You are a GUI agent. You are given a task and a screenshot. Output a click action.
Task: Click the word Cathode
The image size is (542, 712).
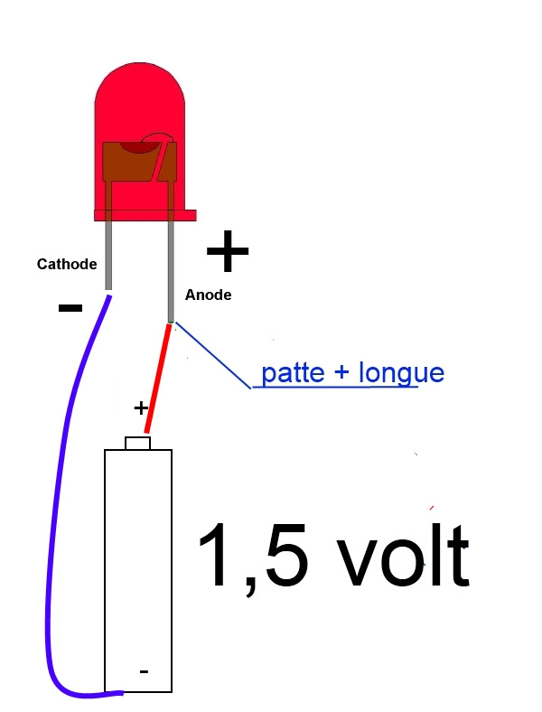66,265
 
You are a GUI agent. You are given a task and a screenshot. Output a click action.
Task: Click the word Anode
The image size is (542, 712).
208,295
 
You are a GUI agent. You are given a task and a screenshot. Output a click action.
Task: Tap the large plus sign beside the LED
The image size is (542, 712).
228,252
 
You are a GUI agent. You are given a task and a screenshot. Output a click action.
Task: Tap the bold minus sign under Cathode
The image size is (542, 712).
70,308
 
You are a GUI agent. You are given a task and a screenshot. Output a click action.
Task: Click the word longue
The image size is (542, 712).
401,373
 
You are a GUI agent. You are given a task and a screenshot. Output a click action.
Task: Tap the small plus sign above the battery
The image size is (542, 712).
141,408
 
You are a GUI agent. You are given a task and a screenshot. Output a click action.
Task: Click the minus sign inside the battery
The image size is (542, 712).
144,672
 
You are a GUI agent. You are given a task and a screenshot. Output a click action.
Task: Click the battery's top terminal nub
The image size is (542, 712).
137,443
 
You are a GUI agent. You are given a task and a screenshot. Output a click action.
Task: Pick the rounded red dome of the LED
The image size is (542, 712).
140,99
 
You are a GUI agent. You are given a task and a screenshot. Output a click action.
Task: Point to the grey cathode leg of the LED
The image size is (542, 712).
109,253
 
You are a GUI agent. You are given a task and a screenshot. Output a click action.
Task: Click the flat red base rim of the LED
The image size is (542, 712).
145,214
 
